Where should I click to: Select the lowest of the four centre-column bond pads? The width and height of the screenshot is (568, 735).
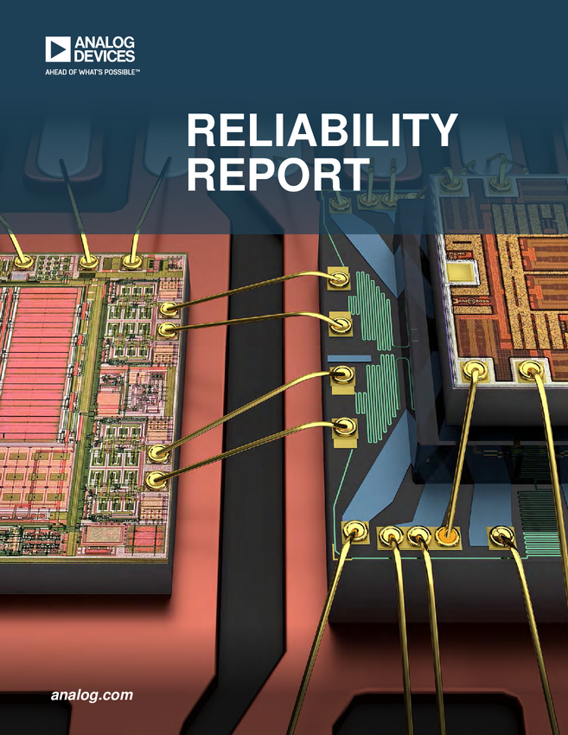tap(344, 426)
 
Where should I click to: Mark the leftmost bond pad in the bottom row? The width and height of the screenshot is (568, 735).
tap(354, 530)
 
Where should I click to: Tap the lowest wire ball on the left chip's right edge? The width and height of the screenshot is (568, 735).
tap(156, 478)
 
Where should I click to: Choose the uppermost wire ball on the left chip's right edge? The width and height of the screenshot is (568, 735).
tap(169, 309)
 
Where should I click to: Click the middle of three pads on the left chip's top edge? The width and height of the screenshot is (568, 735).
tap(88, 260)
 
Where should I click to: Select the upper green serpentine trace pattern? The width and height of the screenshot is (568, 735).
tap(373, 307)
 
